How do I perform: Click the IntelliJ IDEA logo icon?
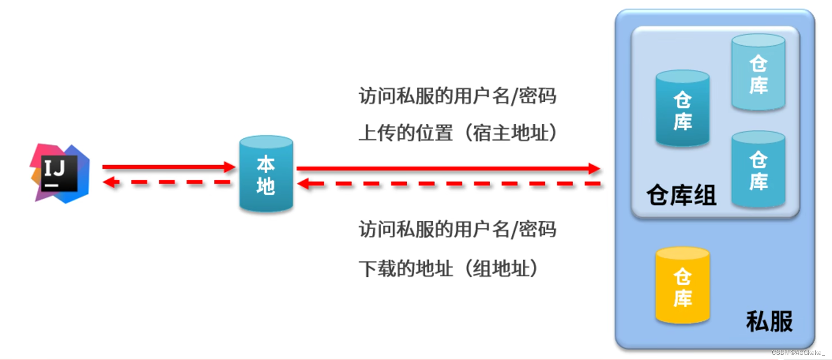[60, 173]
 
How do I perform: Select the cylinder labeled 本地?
[266, 174]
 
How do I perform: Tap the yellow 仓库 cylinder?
[682, 286]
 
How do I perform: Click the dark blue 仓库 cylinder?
[682, 109]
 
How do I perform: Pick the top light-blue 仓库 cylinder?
[758, 73]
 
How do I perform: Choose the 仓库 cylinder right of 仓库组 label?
[758, 169]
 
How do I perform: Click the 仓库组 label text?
[681, 195]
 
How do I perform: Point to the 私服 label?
[769, 321]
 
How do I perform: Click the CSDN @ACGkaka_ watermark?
[798, 353]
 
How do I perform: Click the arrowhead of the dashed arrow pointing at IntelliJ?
[108, 182]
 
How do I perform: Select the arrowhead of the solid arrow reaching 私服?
[595, 169]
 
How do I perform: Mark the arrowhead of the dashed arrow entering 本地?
[303, 184]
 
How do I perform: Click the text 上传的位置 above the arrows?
[405, 133]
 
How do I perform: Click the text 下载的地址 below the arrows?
[405, 268]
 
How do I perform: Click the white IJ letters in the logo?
[54, 168]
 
